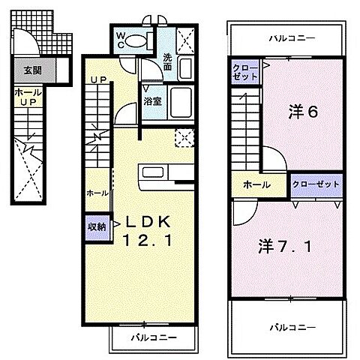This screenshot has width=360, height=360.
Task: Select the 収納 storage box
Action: point(97,226)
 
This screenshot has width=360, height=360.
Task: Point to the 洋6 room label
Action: point(304,112)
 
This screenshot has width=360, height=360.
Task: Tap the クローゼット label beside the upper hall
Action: point(315,183)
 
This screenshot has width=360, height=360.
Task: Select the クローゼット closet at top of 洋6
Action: point(245,73)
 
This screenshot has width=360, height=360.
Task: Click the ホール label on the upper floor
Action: point(257,184)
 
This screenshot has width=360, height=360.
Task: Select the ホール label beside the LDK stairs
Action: point(97,193)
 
